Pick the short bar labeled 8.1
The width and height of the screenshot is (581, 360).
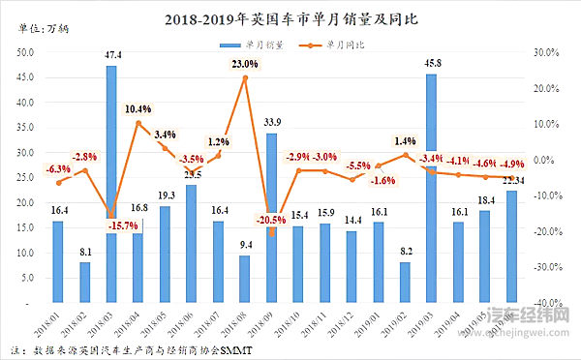(85, 282)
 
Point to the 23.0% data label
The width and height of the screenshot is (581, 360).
(244, 64)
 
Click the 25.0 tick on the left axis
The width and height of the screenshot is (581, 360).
(28, 178)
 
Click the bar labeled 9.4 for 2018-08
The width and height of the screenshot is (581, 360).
(245, 279)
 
